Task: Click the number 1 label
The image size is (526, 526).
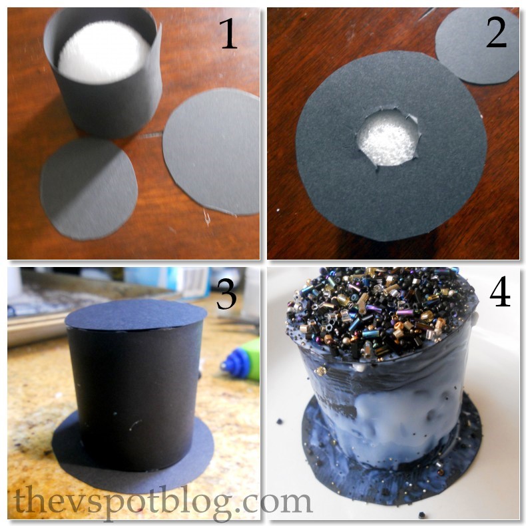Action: (229, 33)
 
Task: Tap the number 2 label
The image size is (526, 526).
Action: (496, 32)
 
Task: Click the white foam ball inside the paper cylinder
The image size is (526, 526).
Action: (103, 51)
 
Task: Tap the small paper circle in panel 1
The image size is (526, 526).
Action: (89, 190)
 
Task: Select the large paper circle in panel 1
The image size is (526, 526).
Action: (212, 152)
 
